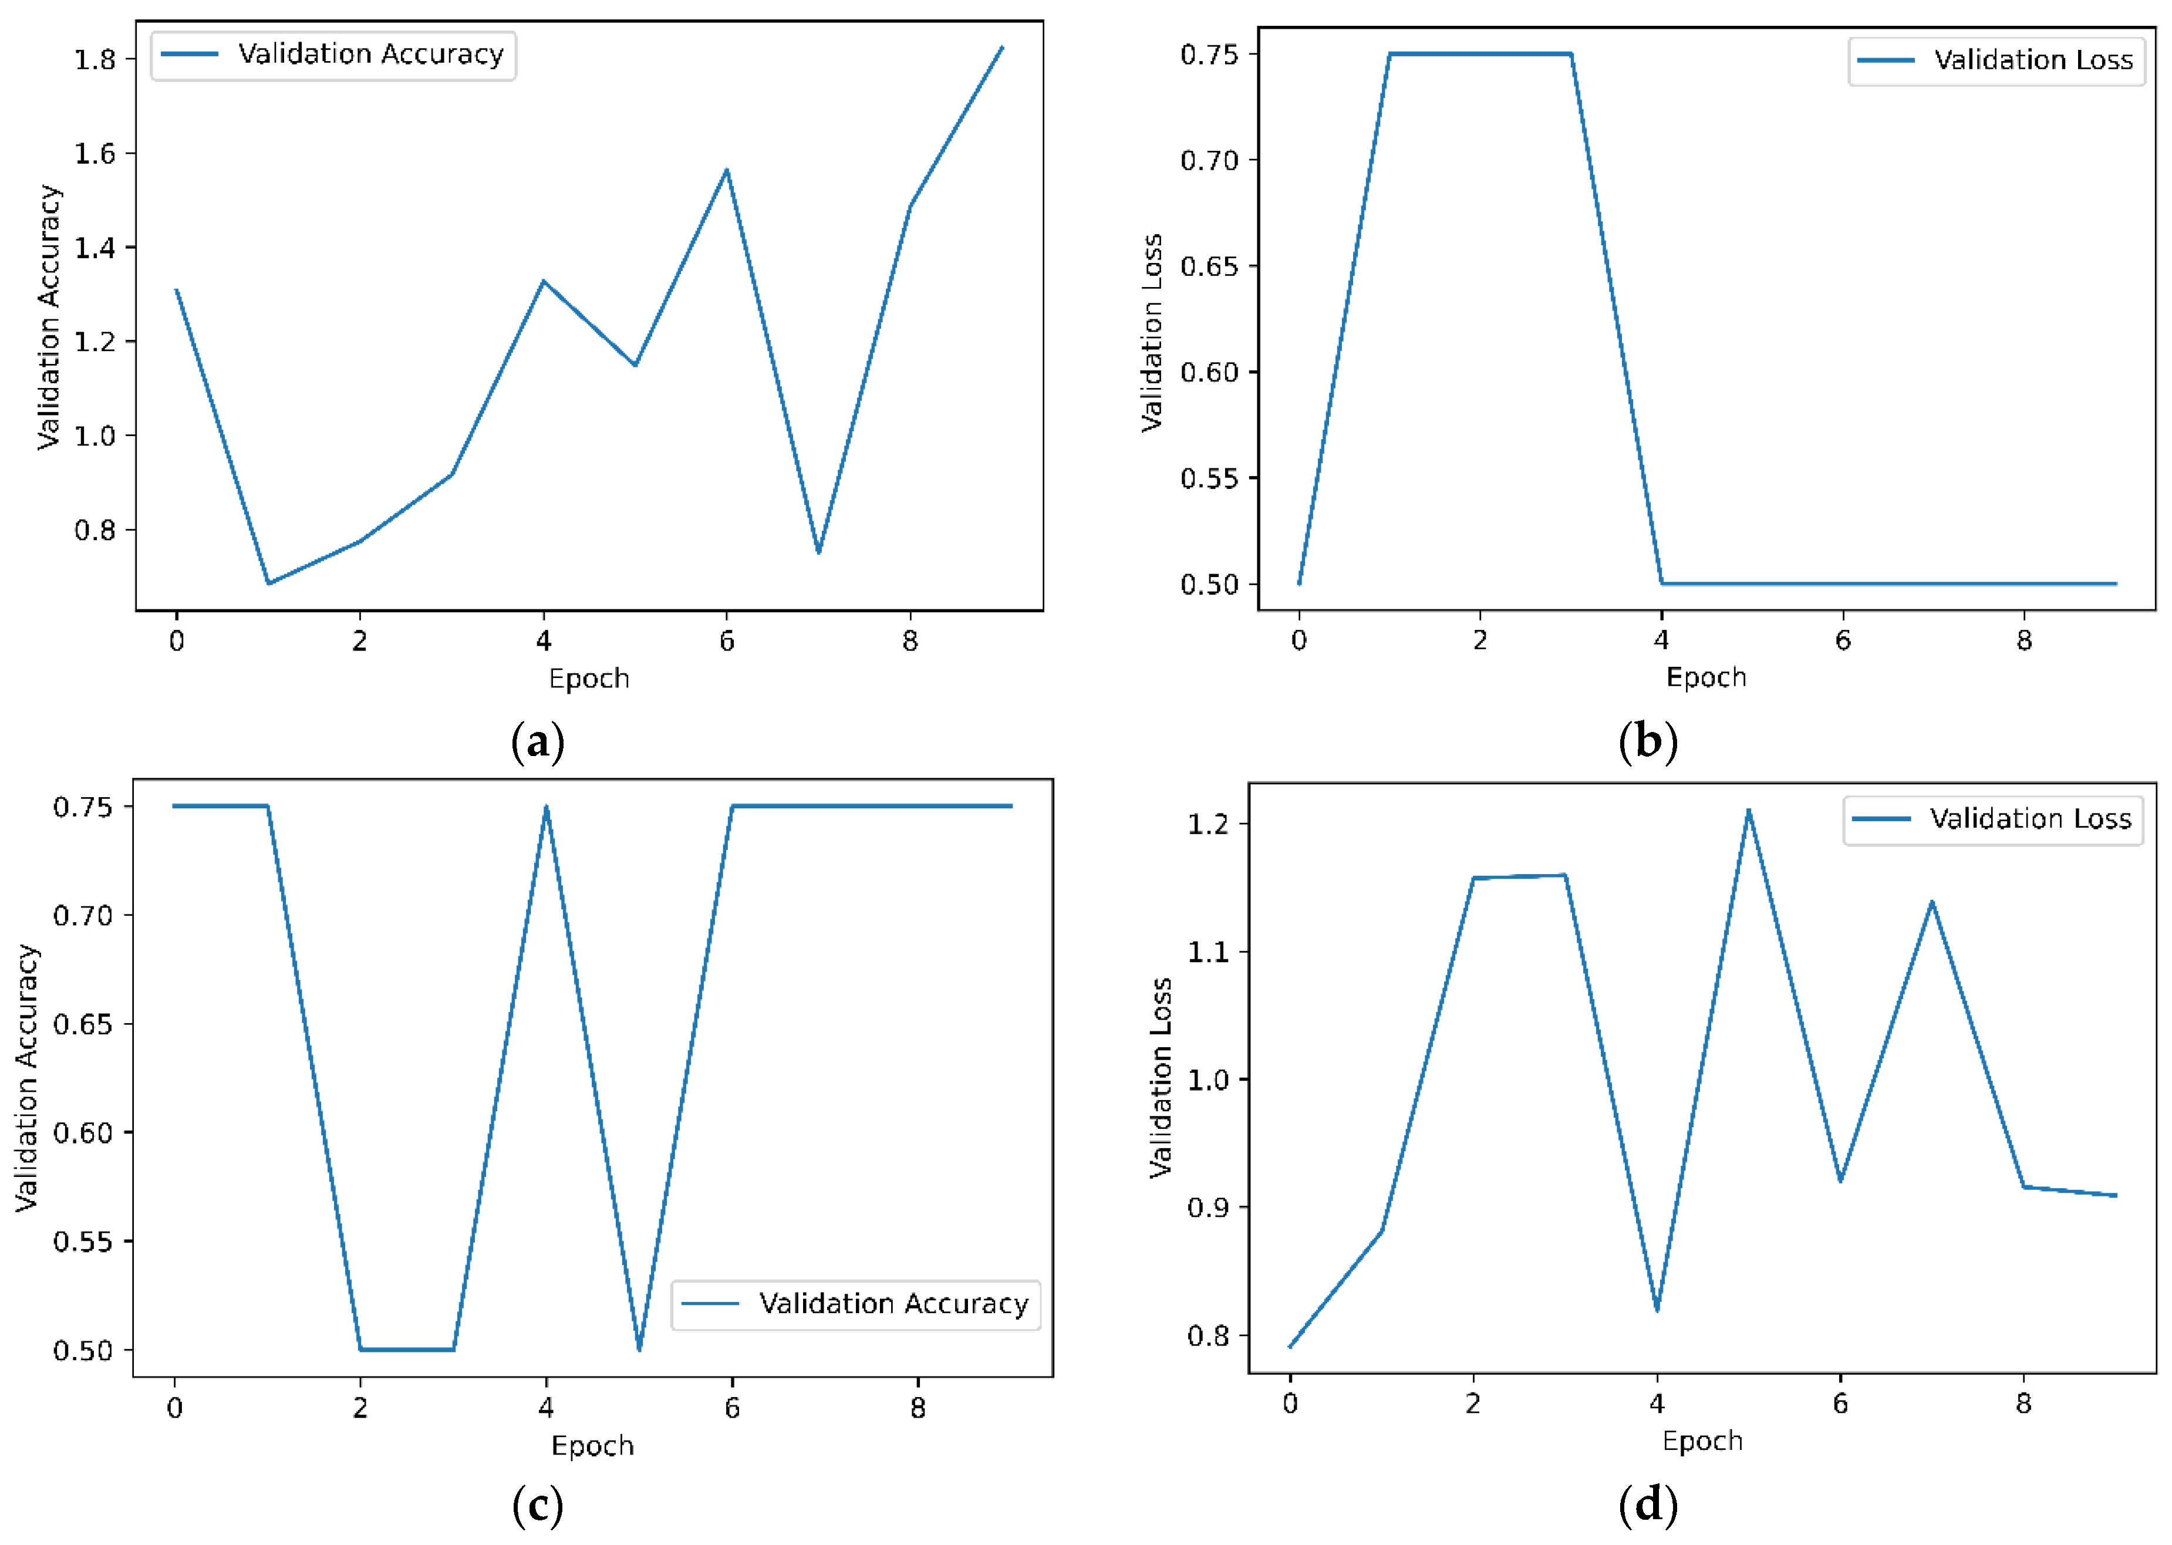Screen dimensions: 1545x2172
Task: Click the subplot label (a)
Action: pyautogui.click(x=538, y=742)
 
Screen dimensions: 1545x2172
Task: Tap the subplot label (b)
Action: pyautogui.click(x=1648, y=742)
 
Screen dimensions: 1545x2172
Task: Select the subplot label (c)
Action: pyautogui.click(x=538, y=1506)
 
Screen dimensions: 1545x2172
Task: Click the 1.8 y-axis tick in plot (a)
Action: pyautogui.click(x=95, y=59)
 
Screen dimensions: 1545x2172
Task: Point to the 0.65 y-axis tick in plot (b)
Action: pyautogui.click(x=1209, y=267)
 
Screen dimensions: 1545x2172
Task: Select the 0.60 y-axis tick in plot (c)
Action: pyautogui.click(x=83, y=1133)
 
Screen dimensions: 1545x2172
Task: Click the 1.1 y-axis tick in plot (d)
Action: pyautogui.click(x=1208, y=952)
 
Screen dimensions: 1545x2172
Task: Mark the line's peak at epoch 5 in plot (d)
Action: pyautogui.click(x=1749, y=811)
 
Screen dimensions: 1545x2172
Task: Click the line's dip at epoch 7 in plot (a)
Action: pyautogui.click(x=818, y=552)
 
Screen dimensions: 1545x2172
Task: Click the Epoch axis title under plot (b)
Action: pyautogui.click(x=1706, y=677)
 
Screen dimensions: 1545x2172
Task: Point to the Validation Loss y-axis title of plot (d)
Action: pyautogui.click(x=1160, y=1077)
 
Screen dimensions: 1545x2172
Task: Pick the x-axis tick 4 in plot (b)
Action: pyautogui.click(x=1661, y=641)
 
